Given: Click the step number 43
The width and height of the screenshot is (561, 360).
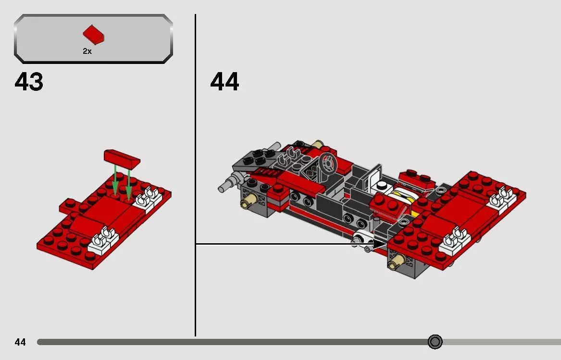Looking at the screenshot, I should coord(29,82).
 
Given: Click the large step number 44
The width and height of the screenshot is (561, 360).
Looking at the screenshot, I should coord(224,82).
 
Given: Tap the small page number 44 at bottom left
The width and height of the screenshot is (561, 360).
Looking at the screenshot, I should coord(20,342).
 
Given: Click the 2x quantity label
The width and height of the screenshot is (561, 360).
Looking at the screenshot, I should coord(87,51).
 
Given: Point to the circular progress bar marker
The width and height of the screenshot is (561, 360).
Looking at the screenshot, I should coord(435,342).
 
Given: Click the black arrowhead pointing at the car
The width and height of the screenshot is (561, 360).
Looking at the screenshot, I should coord(380,244).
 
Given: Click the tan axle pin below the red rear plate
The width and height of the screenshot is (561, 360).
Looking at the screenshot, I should coord(396,261).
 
